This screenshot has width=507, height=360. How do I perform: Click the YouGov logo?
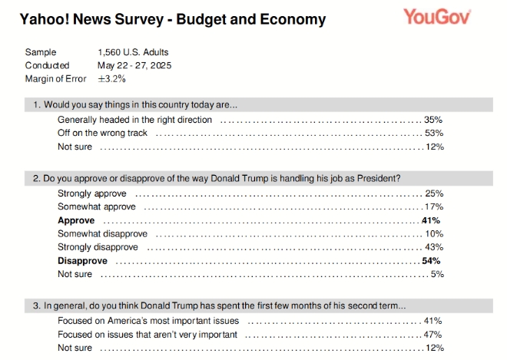(x=436, y=16)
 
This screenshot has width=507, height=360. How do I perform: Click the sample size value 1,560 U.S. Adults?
(x=133, y=52)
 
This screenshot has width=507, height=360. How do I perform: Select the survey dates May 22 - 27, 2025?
(x=134, y=65)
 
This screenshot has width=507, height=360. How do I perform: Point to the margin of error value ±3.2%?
(x=112, y=78)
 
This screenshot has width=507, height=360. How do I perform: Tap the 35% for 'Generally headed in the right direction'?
(x=434, y=121)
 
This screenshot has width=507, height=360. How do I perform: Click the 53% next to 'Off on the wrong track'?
(x=434, y=134)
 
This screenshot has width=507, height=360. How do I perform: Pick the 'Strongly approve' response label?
(x=92, y=193)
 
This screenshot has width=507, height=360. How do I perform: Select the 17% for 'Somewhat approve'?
(x=434, y=206)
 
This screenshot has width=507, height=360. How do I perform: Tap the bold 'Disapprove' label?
(x=82, y=261)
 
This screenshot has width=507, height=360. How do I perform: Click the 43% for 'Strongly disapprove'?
(x=434, y=247)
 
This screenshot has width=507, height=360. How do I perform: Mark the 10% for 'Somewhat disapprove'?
(x=434, y=233)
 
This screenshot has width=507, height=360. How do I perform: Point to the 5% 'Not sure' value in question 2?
(x=436, y=274)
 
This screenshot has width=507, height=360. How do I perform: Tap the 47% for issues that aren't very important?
(x=434, y=335)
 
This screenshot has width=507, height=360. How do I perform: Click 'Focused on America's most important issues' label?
(x=148, y=321)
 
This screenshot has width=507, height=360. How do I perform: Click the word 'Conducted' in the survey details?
(x=47, y=65)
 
